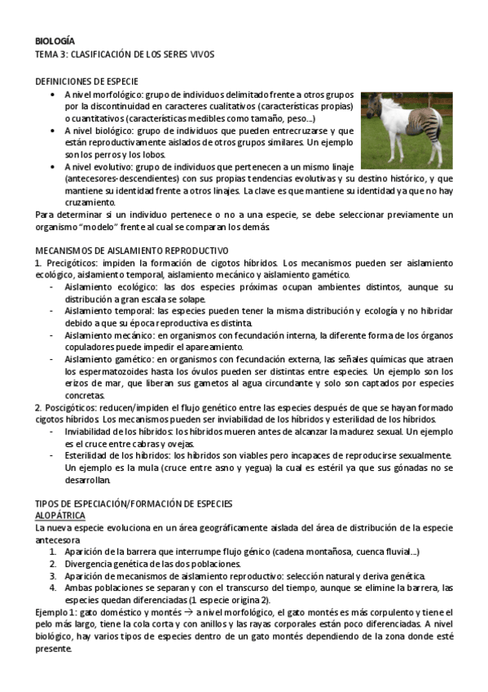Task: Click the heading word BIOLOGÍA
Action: click(x=55, y=39)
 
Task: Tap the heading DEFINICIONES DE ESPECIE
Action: click(x=86, y=82)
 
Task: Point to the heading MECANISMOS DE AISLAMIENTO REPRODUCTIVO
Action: click(x=132, y=250)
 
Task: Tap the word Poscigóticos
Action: click(x=70, y=406)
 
